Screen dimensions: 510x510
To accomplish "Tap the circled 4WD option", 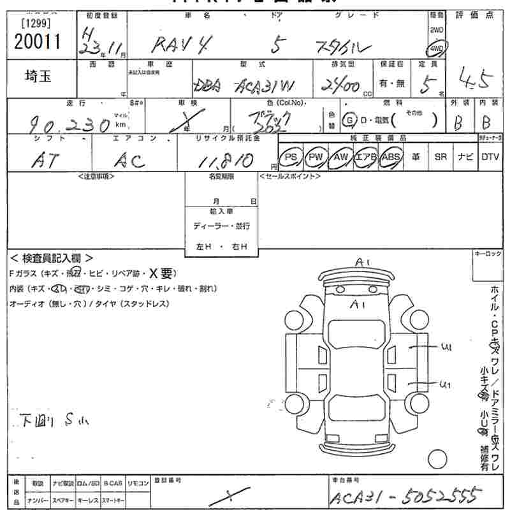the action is (437, 48).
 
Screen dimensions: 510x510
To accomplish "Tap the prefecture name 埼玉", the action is (39, 77).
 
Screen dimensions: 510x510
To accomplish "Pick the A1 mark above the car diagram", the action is (363, 262).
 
